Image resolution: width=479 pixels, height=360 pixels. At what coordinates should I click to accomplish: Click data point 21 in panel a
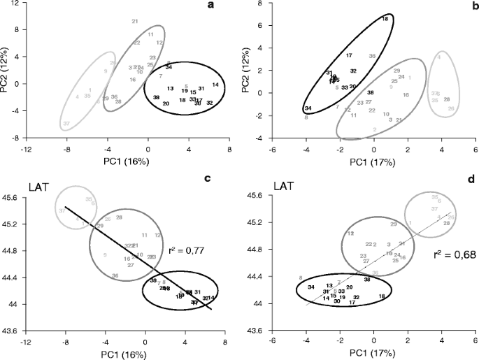(134, 22)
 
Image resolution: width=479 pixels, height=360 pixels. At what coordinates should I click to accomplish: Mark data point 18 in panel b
(385, 19)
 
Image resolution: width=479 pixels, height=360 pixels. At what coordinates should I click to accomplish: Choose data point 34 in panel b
(308, 108)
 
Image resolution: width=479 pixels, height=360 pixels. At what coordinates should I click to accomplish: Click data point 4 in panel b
(438, 57)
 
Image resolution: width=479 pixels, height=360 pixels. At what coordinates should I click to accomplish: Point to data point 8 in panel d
(300, 278)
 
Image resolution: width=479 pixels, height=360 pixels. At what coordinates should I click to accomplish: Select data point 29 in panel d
(394, 224)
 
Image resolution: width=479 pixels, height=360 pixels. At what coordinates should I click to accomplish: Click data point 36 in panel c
(115, 276)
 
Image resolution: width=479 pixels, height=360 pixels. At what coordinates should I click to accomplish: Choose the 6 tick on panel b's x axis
(475, 148)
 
